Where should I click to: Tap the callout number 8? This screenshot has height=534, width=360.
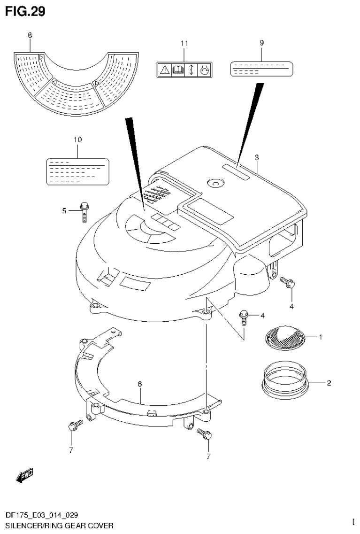[30, 35]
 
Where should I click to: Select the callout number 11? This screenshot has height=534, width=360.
[184, 43]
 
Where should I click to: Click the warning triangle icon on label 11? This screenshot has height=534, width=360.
[164, 70]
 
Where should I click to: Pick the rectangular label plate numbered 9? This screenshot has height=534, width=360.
[261, 69]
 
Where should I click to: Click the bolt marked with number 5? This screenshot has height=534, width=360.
[85, 211]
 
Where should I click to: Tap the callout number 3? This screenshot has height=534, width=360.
[257, 157]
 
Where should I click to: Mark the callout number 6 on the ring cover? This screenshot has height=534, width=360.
[140, 384]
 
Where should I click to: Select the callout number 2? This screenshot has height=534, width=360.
[329, 383]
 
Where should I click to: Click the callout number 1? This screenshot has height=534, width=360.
[321, 337]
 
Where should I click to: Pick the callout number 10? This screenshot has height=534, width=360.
[77, 139]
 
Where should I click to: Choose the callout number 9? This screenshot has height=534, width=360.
[261, 43]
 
